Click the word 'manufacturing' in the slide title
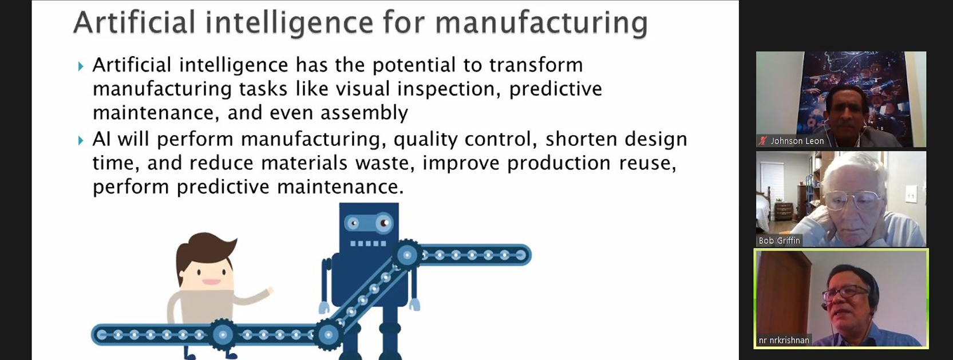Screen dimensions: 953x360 pyautogui.click(x=541, y=23)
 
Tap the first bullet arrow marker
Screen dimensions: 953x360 pyautogui.click(x=81, y=66)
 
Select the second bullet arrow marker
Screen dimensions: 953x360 pyautogui.click(x=81, y=140)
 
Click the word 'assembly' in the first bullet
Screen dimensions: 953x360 pyautogui.click(x=364, y=113)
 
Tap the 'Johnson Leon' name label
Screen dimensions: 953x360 pyautogui.click(x=797, y=141)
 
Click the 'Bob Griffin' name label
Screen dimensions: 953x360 pyautogui.click(x=779, y=240)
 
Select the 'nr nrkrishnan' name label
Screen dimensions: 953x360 pyautogui.click(x=784, y=340)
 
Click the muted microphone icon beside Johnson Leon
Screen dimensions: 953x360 pyautogui.click(x=763, y=141)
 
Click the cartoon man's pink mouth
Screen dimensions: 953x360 pyautogui.click(x=211, y=282)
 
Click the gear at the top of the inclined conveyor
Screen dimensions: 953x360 pyautogui.click(x=407, y=255)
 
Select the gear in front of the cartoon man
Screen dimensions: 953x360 pyautogui.click(x=223, y=334)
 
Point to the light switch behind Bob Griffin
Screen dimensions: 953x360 pyautogui.click(x=911, y=196)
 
